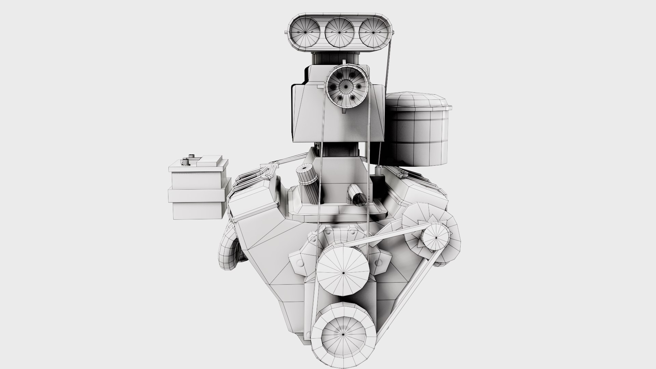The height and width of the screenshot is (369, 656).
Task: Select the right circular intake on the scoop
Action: [x=373, y=32]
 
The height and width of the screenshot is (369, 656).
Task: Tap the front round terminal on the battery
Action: [x=186, y=162]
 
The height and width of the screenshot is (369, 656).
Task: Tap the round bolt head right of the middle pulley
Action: [x=379, y=262]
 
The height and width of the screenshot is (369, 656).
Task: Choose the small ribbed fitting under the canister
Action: [x=378, y=170]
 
